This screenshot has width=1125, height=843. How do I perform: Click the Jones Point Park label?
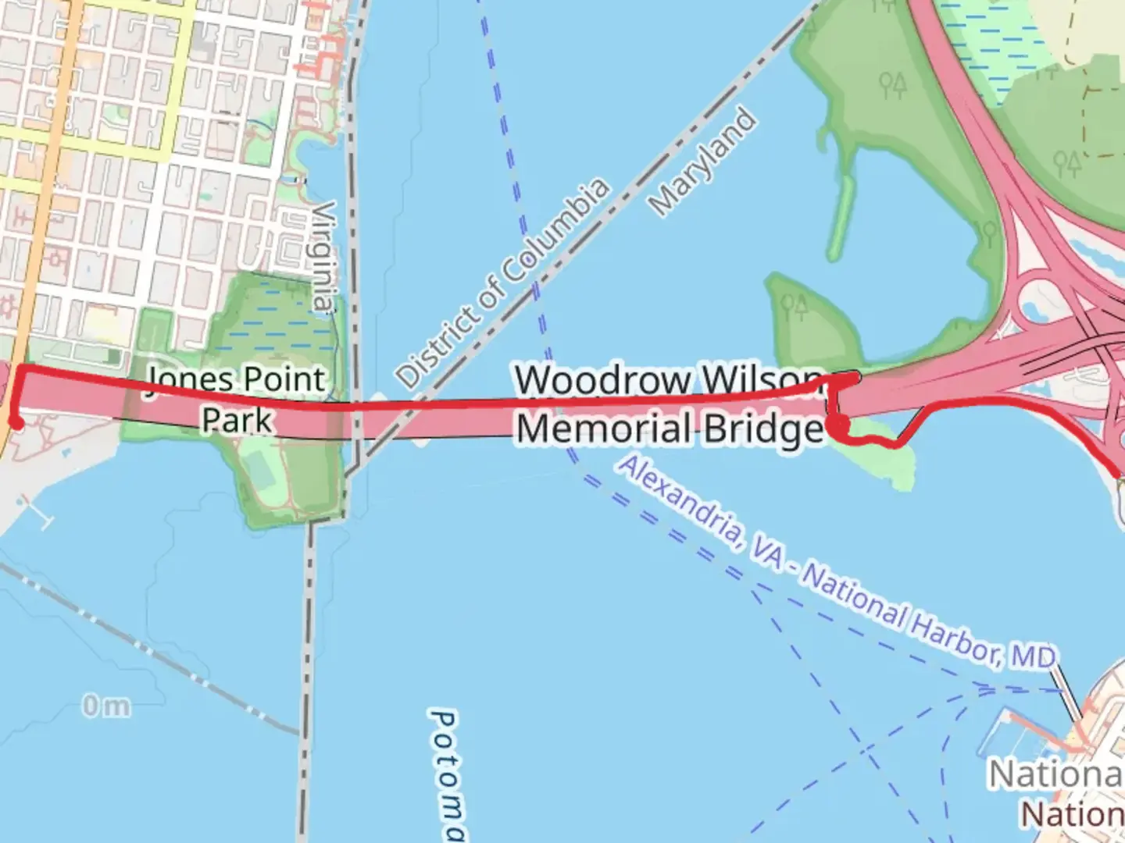[237, 399]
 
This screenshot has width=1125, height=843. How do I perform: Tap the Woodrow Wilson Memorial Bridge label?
[669, 405]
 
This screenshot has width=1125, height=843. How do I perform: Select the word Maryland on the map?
[703, 162]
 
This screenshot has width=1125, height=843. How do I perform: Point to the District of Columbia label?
[502, 283]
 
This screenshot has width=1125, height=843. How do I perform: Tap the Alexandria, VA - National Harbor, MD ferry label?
[836, 562]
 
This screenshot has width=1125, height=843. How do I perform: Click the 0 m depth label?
[106, 706]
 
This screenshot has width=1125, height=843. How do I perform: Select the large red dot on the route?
[839, 425]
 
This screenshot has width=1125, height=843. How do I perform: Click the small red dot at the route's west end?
[15, 424]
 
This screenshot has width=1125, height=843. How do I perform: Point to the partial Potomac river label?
[448, 773]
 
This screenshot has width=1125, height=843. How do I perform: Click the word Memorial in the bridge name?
[591, 429]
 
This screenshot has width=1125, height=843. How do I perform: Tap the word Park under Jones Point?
[237, 419]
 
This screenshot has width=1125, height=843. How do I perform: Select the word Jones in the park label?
[189, 380]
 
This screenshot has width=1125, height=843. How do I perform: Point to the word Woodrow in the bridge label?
[603, 380]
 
